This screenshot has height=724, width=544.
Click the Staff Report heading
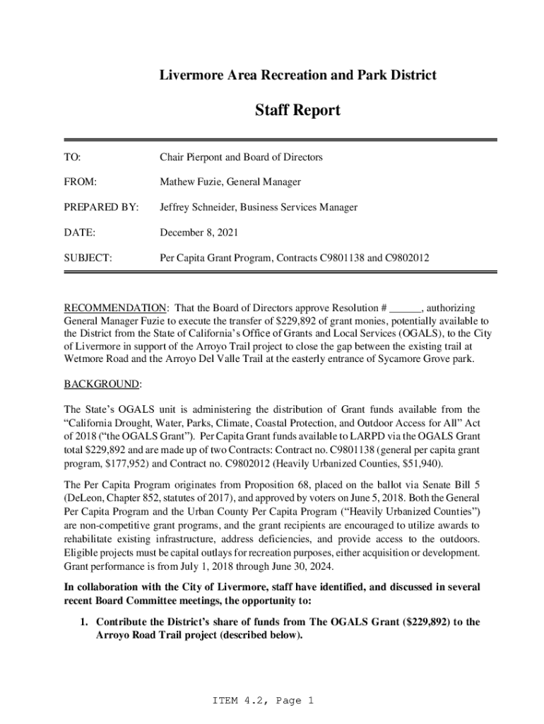[x=297, y=110]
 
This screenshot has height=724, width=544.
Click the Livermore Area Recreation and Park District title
[x=297, y=74]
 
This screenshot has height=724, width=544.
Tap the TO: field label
[x=73, y=157]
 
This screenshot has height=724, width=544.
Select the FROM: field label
[x=81, y=182]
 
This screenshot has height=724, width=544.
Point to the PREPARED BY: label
[x=99, y=208]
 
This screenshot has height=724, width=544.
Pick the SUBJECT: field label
[x=88, y=258]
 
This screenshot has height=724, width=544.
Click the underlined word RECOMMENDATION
[x=115, y=308]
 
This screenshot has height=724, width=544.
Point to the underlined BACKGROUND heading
[x=102, y=384]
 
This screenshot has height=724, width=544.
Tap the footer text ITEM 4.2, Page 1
[x=262, y=701]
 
